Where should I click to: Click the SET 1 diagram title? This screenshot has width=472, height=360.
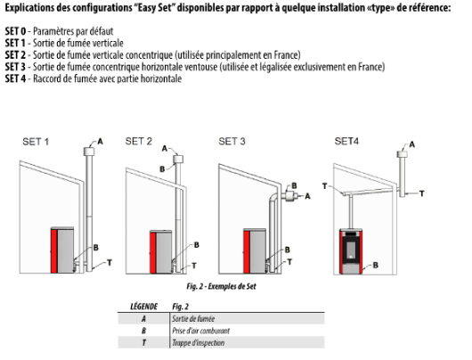pyautogui.click(x=34, y=141)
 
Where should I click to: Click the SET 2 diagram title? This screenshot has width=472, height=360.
pyautogui.click(x=139, y=141)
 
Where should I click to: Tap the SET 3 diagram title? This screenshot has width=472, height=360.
pyautogui.click(x=235, y=141)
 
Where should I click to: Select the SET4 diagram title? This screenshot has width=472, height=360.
pyautogui.click(x=346, y=141)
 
